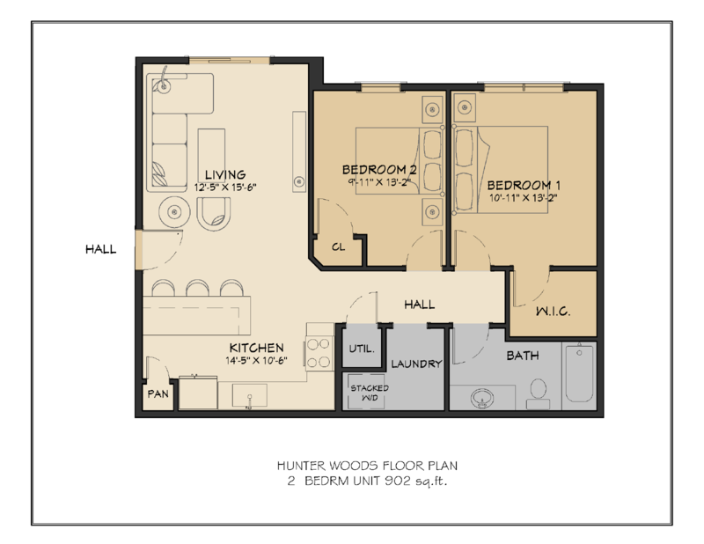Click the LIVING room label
(x=220, y=174)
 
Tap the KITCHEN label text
(x=256, y=347)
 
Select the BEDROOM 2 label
(x=378, y=170)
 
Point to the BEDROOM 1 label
(x=524, y=186)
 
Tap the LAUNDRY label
(x=415, y=364)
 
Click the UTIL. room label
(x=362, y=349)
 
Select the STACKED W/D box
(x=363, y=392)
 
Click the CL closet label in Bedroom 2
(x=338, y=247)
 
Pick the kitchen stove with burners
(x=318, y=347)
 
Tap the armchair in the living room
(x=216, y=212)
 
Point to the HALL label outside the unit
(x=100, y=249)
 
